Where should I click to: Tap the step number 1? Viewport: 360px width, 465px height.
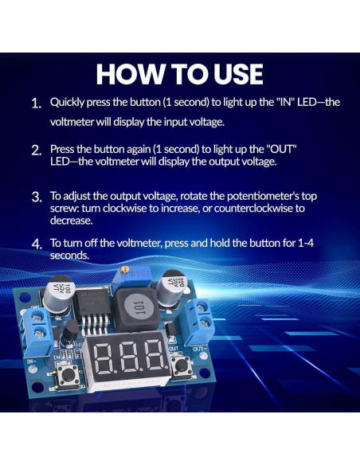36,104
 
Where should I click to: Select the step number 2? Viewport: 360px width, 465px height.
36,150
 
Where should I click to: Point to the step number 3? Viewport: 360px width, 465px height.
36,197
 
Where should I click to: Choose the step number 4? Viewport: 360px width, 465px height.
36,244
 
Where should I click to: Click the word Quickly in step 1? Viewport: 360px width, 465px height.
68,103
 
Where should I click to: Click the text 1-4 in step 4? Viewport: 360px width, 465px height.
297,242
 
